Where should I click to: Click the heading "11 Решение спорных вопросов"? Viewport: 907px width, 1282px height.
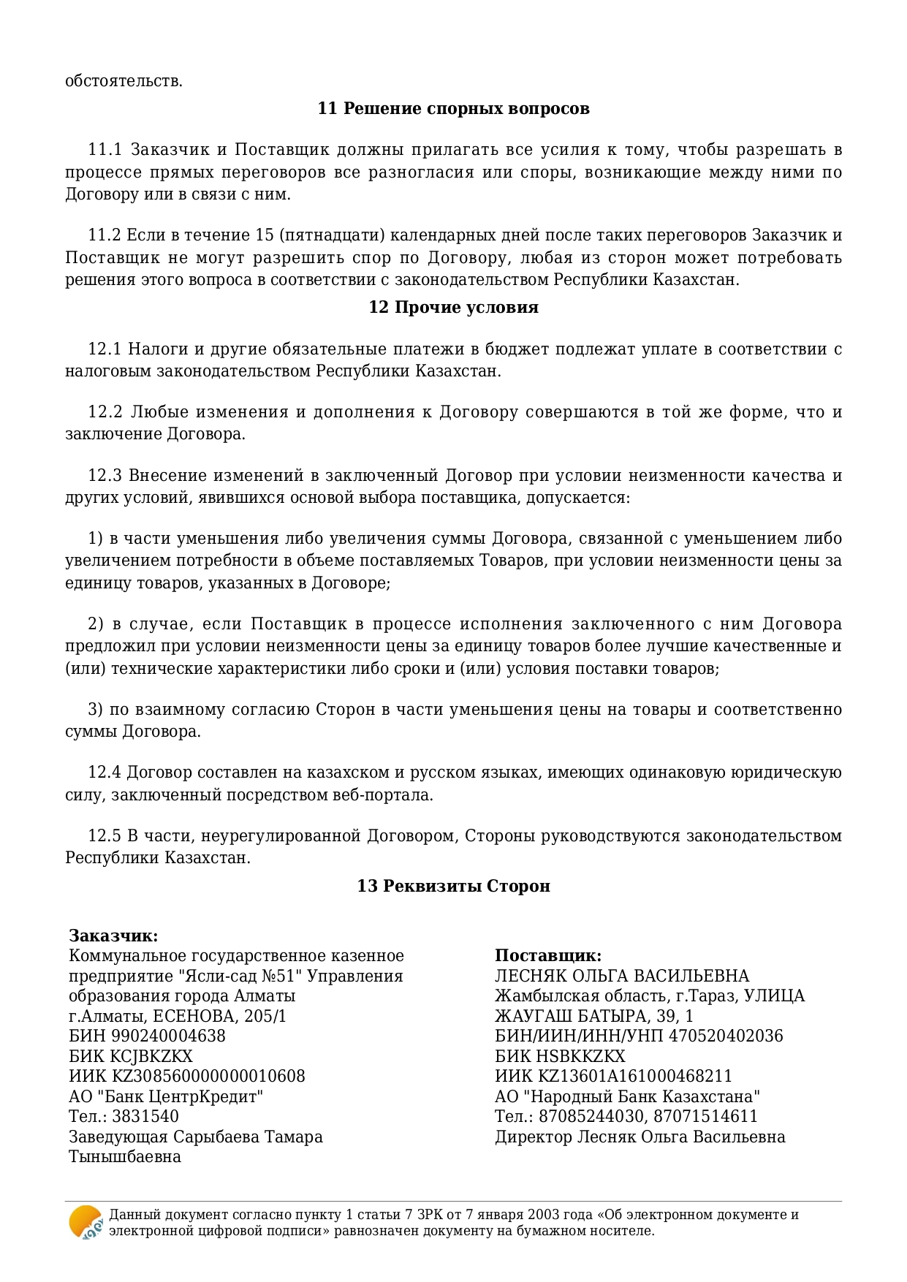click(453, 109)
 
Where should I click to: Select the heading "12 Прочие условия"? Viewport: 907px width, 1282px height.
click(453, 307)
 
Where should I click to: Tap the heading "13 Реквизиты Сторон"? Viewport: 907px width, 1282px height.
click(453, 886)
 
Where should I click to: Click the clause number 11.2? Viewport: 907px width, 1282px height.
click(104, 235)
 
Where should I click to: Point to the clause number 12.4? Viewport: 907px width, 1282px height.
click(104, 773)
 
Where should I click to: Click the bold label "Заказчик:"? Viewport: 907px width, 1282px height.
click(113, 936)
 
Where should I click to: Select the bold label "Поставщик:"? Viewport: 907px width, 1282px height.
click(548, 955)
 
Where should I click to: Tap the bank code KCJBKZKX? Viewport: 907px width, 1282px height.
click(151, 1056)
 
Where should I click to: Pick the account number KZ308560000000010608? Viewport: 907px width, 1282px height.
click(208, 1076)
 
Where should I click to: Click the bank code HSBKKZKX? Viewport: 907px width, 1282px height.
click(581, 1056)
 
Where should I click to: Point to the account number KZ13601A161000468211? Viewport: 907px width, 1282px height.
click(635, 1076)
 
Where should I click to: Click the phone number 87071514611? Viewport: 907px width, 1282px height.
click(706, 1116)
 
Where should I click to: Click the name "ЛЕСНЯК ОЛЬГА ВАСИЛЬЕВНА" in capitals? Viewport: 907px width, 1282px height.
click(622, 976)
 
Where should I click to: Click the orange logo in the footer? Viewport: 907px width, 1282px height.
click(86, 1222)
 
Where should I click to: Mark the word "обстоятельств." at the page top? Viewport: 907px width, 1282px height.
click(124, 81)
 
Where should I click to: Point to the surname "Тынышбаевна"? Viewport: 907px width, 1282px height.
click(124, 1156)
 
